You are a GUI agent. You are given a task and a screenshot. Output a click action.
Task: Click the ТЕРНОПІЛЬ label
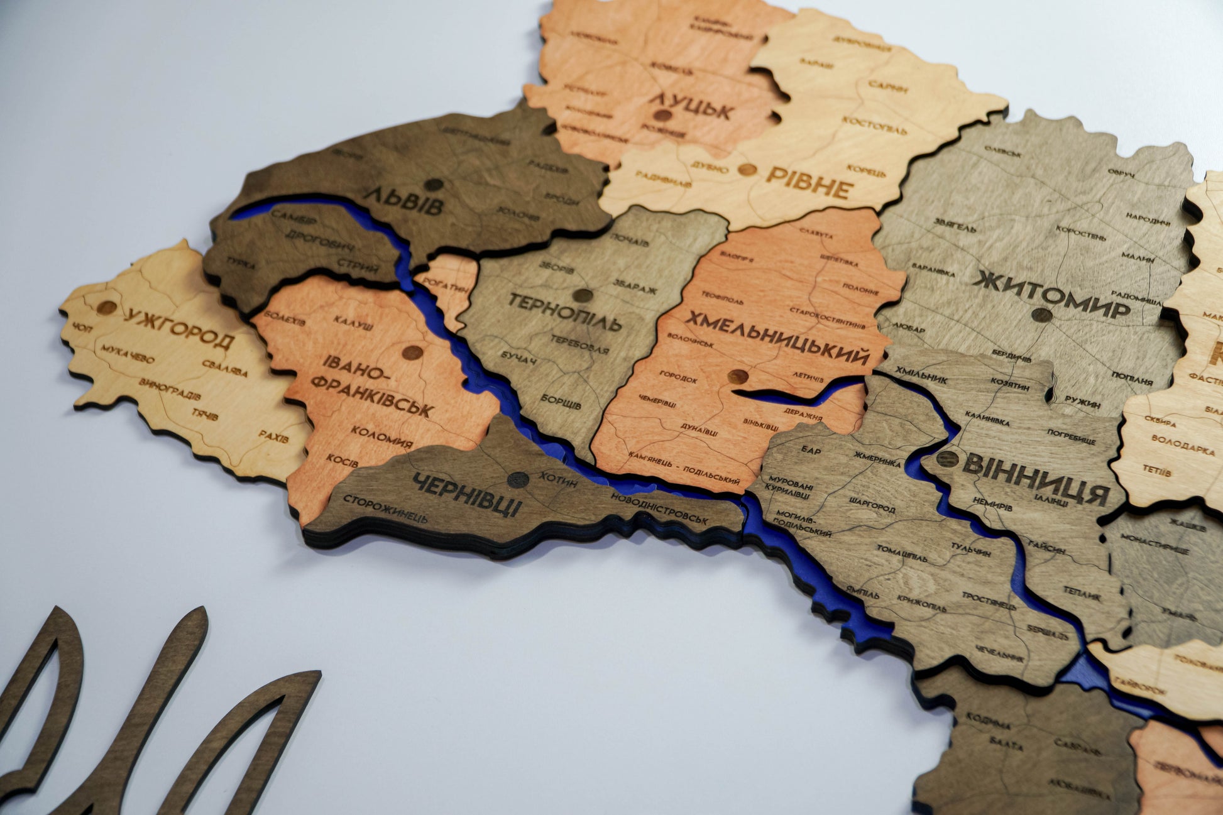click(564, 311)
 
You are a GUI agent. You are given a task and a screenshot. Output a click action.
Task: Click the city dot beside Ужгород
click(107, 308)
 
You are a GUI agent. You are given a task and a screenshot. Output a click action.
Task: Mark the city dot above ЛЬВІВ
click(433, 185)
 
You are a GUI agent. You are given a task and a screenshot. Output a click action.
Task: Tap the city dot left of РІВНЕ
click(746, 169)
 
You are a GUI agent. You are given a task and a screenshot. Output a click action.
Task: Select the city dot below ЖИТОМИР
click(1041, 315)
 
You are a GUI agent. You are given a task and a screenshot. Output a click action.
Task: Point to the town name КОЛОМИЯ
click(381, 437)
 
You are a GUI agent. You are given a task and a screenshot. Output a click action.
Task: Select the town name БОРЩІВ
click(561, 402)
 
